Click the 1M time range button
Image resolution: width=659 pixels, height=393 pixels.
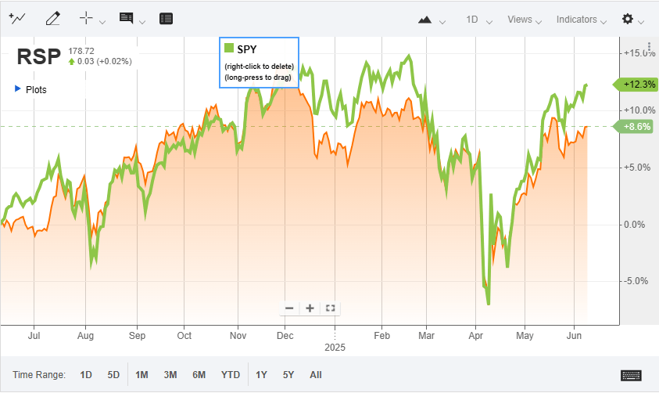point(141,375)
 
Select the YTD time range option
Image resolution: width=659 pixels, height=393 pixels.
point(231,375)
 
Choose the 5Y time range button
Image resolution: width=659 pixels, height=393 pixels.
point(288,375)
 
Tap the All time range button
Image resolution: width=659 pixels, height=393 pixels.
point(316,375)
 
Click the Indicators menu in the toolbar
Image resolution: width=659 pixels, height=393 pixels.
point(576,20)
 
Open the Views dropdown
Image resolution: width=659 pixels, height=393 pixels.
point(519,20)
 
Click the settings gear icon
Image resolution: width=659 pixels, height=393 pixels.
point(627,20)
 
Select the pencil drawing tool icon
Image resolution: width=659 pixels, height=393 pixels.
point(53,18)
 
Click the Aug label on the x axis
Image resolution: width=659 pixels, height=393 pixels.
point(86,336)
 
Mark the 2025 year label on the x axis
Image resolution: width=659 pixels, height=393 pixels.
point(335,347)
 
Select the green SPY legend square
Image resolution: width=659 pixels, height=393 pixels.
point(229,49)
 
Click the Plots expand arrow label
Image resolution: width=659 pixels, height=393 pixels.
point(31,89)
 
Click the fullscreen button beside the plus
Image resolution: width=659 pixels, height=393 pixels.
point(330,308)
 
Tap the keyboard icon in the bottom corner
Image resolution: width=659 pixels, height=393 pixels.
point(631,375)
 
